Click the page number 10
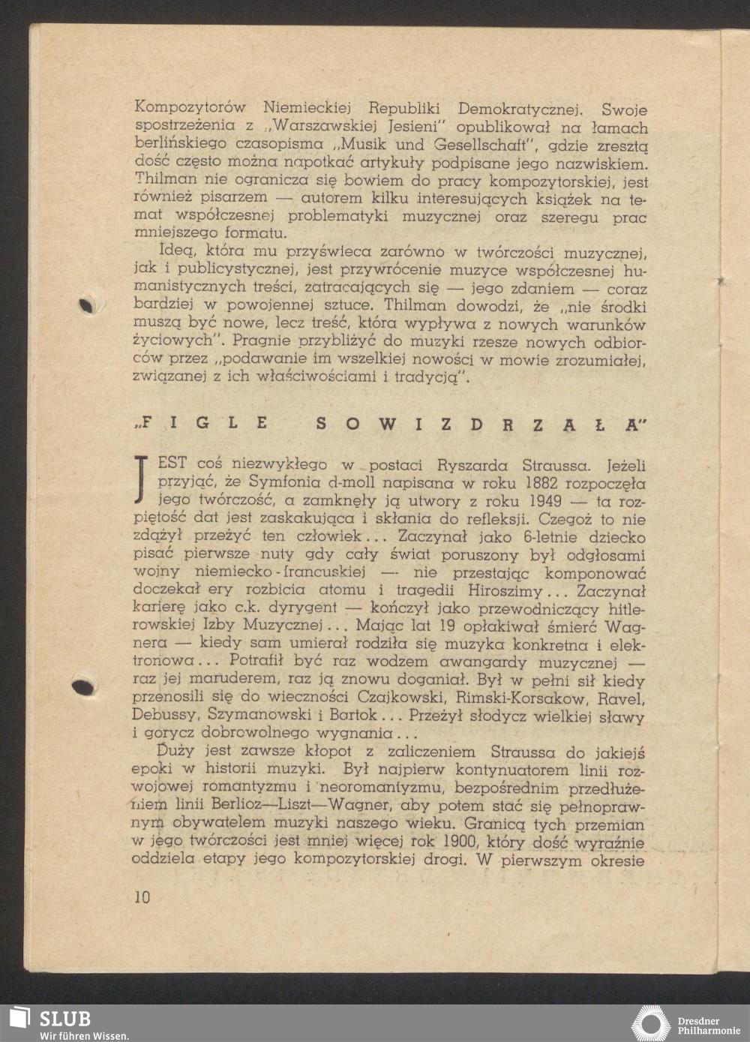point(142,896)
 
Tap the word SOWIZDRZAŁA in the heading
point(481,424)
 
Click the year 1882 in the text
point(540,484)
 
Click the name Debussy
point(166,716)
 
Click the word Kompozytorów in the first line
point(190,108)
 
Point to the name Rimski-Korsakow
point(519,698)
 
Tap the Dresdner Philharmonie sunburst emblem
point(650,1025)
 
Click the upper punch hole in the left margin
point(87,305)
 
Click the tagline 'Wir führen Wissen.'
point(84,1036)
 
